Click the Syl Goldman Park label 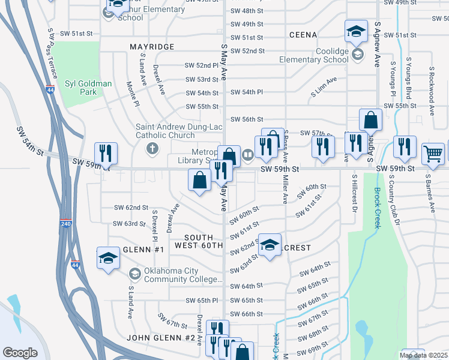[x=88, y=88]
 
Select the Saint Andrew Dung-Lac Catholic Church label [x=165, y=131]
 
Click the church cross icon [x=152, y=148]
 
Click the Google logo [x=20, y=353]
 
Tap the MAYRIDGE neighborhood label [x=152, y=46]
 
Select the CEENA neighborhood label [x=303, y=35]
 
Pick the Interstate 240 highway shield [x=65, y=224]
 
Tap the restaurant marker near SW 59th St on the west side [x=106, y=153]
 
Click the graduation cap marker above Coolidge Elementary [x=356, y=31]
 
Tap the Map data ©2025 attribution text [x=424, y=355]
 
